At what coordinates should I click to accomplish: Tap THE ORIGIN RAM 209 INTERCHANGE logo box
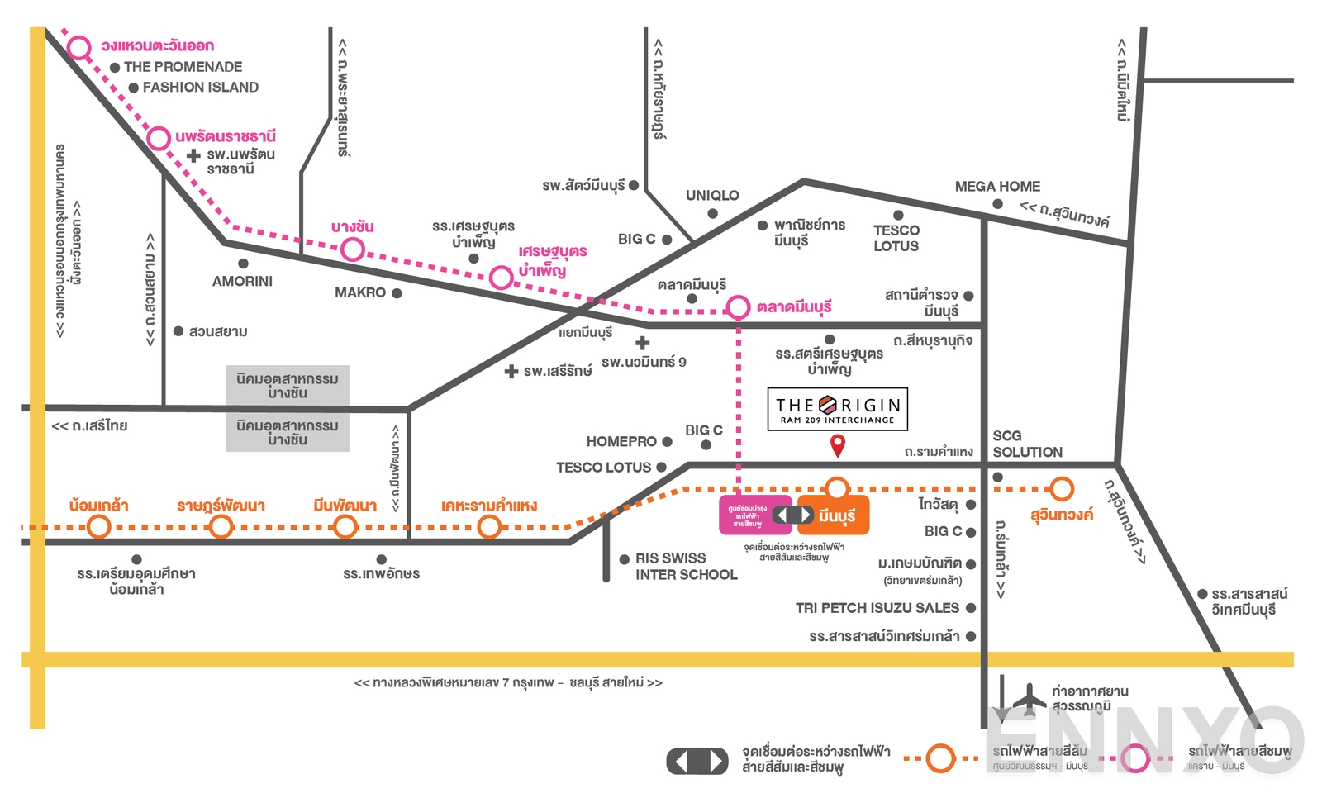tap(837, 409)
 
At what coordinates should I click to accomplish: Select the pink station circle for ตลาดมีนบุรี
tap(738, 307)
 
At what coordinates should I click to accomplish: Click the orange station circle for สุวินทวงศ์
tap(1062, 489)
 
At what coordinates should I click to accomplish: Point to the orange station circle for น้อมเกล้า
tap(99, 526)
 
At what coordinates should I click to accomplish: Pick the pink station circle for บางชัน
tap(353, 249)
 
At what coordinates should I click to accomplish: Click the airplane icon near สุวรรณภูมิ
tap(1029, 699)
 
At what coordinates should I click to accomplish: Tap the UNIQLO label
tap(712, 196)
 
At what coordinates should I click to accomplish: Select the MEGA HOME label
tap(997, 187)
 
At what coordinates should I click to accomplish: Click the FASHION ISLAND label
tap(200, 88)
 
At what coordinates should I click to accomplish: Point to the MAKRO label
tap(360, 293)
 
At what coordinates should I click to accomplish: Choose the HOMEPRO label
tap(621, 442)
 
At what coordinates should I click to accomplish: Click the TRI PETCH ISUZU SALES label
tap(877, 608)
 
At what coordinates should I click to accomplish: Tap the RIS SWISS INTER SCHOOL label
tap(685, 567)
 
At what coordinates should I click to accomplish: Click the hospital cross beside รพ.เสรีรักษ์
tap(511, 372)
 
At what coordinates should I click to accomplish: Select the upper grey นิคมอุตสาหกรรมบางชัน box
tap(288, 386)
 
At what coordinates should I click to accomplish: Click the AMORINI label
tap(242, 282)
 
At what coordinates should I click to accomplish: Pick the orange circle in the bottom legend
tap(940, 758)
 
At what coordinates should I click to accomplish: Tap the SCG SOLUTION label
tap(1027, 444)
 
